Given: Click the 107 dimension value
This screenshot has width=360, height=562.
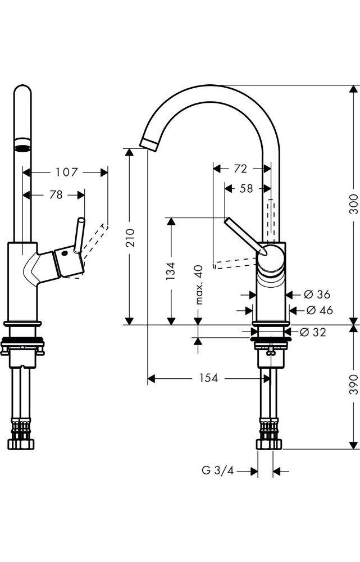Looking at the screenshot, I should click(x=67, y=172).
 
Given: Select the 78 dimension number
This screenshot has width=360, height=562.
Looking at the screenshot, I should click(x=56, y=194).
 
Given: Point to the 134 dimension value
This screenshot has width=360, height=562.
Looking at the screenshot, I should click(x=171, y=270).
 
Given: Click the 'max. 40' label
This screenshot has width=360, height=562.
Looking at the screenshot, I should click(x=198, y=285).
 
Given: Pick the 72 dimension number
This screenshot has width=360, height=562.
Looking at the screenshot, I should click(x=240, y=168).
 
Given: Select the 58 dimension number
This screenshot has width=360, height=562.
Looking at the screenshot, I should click(x=246, y=189).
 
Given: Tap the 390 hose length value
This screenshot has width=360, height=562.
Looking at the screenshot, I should click(x=353, y=385).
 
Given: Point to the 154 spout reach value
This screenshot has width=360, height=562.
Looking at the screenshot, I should click(x=208, y=378).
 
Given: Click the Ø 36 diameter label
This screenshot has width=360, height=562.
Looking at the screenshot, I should click(x=317, y=294).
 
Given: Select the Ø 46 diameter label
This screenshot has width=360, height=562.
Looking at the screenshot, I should click(x=318, y=310).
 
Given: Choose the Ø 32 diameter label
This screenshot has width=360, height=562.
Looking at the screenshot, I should click(x=312, y=332).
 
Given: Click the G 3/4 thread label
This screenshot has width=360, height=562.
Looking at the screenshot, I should click(x=217, y=471).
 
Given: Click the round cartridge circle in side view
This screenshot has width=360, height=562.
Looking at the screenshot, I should click(x=272, y=259).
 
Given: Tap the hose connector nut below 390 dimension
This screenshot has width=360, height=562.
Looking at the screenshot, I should click(x=271, y=444).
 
